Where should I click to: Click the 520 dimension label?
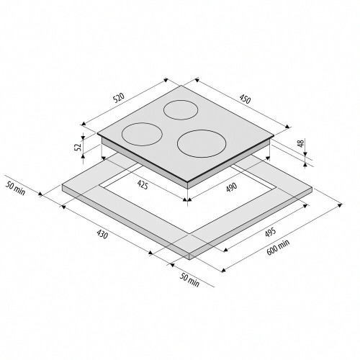tap(120, 98)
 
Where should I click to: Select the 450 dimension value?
tap(245, 99)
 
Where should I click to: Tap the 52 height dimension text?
tap(78, 146)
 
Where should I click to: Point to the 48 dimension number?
tap(301, 143)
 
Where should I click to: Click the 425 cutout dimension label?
tap(143, 184)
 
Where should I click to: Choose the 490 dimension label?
tap(231, 187)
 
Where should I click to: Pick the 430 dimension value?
tap(102, 234)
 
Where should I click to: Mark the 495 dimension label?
tap(271, 232)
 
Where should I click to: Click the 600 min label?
tap(278, 247)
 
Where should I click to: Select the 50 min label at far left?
tap(15, 188)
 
